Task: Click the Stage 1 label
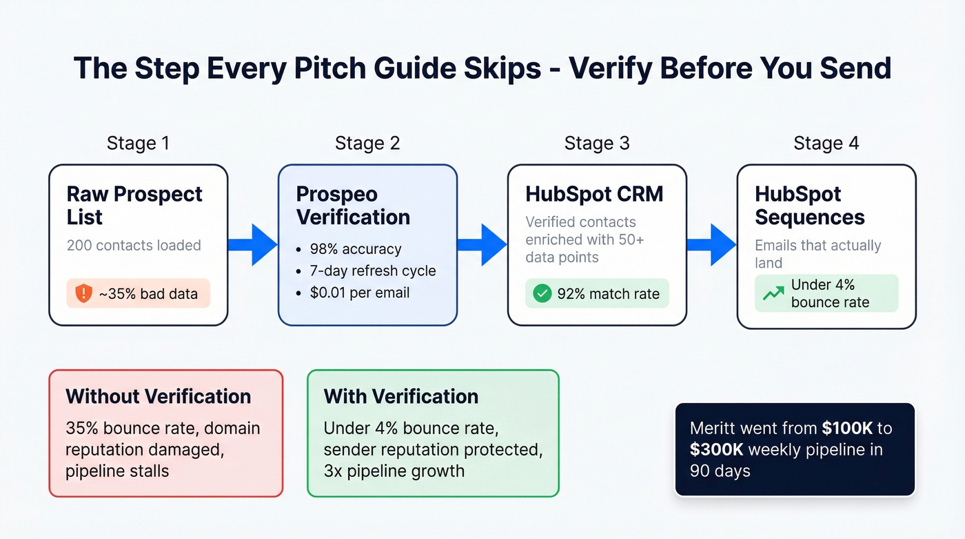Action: [x=138, y=144]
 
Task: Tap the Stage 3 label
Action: [x=597, y=144]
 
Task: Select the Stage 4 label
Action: [x=826, y=144]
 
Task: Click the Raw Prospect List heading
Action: [x=134, y=205]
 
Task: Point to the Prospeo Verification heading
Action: [x=353, y=205]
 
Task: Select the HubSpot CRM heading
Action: [x=594, y=194]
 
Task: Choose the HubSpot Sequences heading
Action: [x=809, y=205]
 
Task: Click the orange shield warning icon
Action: [x=83, y=293]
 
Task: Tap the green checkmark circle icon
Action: [x=542, y=293]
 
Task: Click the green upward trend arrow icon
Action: [x=773, y=293]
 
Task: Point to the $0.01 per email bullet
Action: [x=359, y=293]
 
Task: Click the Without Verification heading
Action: [x=158, y=396]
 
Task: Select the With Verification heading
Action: [x=400, y=396]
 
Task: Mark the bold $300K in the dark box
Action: [x=717, y=449]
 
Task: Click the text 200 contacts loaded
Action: [x=134, y=245]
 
